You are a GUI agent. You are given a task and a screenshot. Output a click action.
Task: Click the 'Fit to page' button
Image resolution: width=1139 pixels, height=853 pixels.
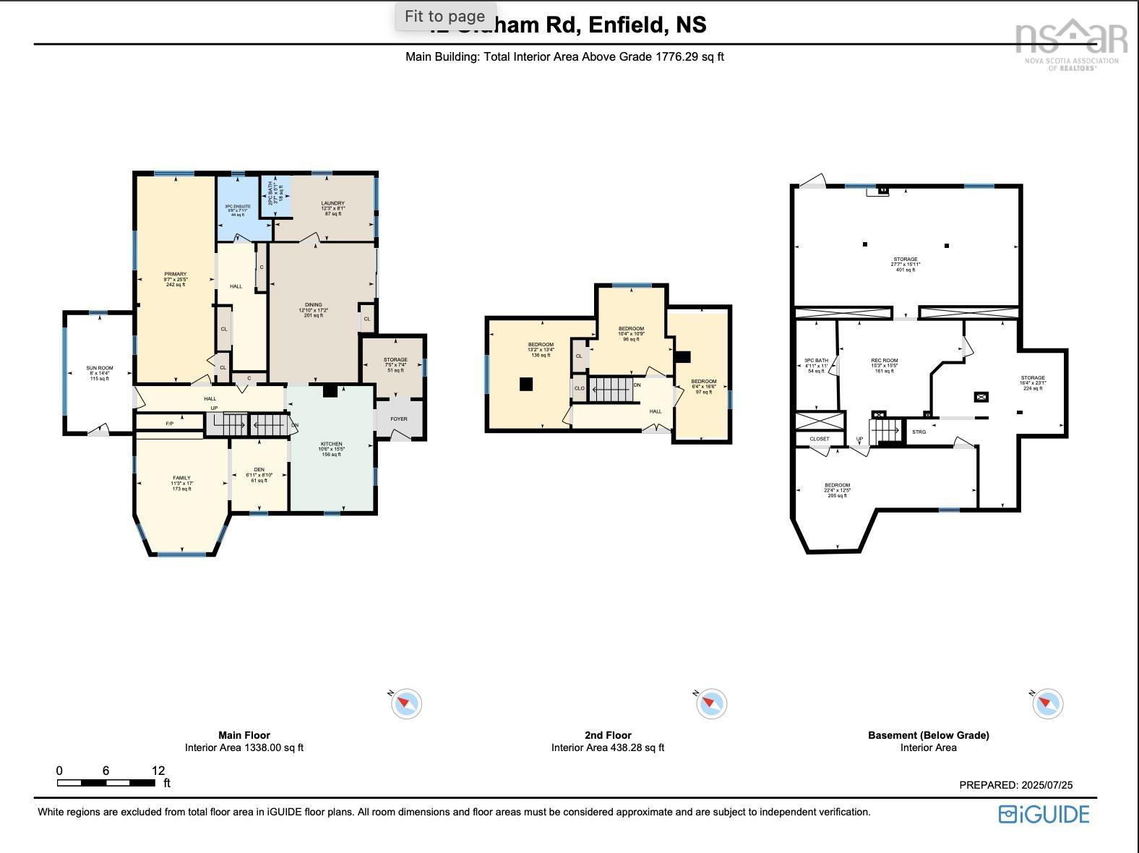tap(444, 16)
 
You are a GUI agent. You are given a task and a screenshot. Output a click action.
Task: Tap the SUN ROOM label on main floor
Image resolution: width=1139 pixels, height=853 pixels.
tap(100, 369)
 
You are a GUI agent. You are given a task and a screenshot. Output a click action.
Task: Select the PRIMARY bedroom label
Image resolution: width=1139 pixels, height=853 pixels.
tap(175, 275)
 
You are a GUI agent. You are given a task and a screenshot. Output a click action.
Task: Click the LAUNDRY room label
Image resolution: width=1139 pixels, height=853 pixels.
tap(332, 204)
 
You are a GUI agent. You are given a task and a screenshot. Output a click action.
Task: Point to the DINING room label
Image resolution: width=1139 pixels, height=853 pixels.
tap(313, 305)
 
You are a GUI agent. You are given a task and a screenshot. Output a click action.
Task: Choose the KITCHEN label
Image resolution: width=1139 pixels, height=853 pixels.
tap(331, 445)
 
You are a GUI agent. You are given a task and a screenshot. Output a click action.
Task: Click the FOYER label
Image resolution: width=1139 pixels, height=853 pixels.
tap(399, 419)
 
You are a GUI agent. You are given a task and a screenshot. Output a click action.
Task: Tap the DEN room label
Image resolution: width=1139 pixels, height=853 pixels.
tap(259, 470)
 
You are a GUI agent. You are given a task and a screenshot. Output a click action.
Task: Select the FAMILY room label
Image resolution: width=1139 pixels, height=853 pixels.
tap(181, 478)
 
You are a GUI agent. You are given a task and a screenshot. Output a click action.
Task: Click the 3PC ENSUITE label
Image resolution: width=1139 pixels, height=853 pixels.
tap(238, 207)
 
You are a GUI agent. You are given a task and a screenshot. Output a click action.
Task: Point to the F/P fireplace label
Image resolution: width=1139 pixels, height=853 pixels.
tap(170, 424)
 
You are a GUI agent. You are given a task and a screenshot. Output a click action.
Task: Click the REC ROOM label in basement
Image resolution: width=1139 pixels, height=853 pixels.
tap(884, 361)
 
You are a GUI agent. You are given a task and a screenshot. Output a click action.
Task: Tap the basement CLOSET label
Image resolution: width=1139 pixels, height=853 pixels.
tap(820, 439)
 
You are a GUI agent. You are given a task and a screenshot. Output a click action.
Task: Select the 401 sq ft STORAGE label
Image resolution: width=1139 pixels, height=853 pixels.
tap(906, 260)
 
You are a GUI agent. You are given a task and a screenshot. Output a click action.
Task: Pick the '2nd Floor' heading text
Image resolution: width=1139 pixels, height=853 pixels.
tap(608, 735)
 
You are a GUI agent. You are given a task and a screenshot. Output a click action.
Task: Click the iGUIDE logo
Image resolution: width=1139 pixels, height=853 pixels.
tap(1044, 815)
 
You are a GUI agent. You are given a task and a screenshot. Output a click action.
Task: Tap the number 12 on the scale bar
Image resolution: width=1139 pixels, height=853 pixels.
tap(158, 771)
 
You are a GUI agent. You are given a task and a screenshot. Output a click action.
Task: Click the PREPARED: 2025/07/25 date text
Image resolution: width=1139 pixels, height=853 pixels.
tap(1015, 785)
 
